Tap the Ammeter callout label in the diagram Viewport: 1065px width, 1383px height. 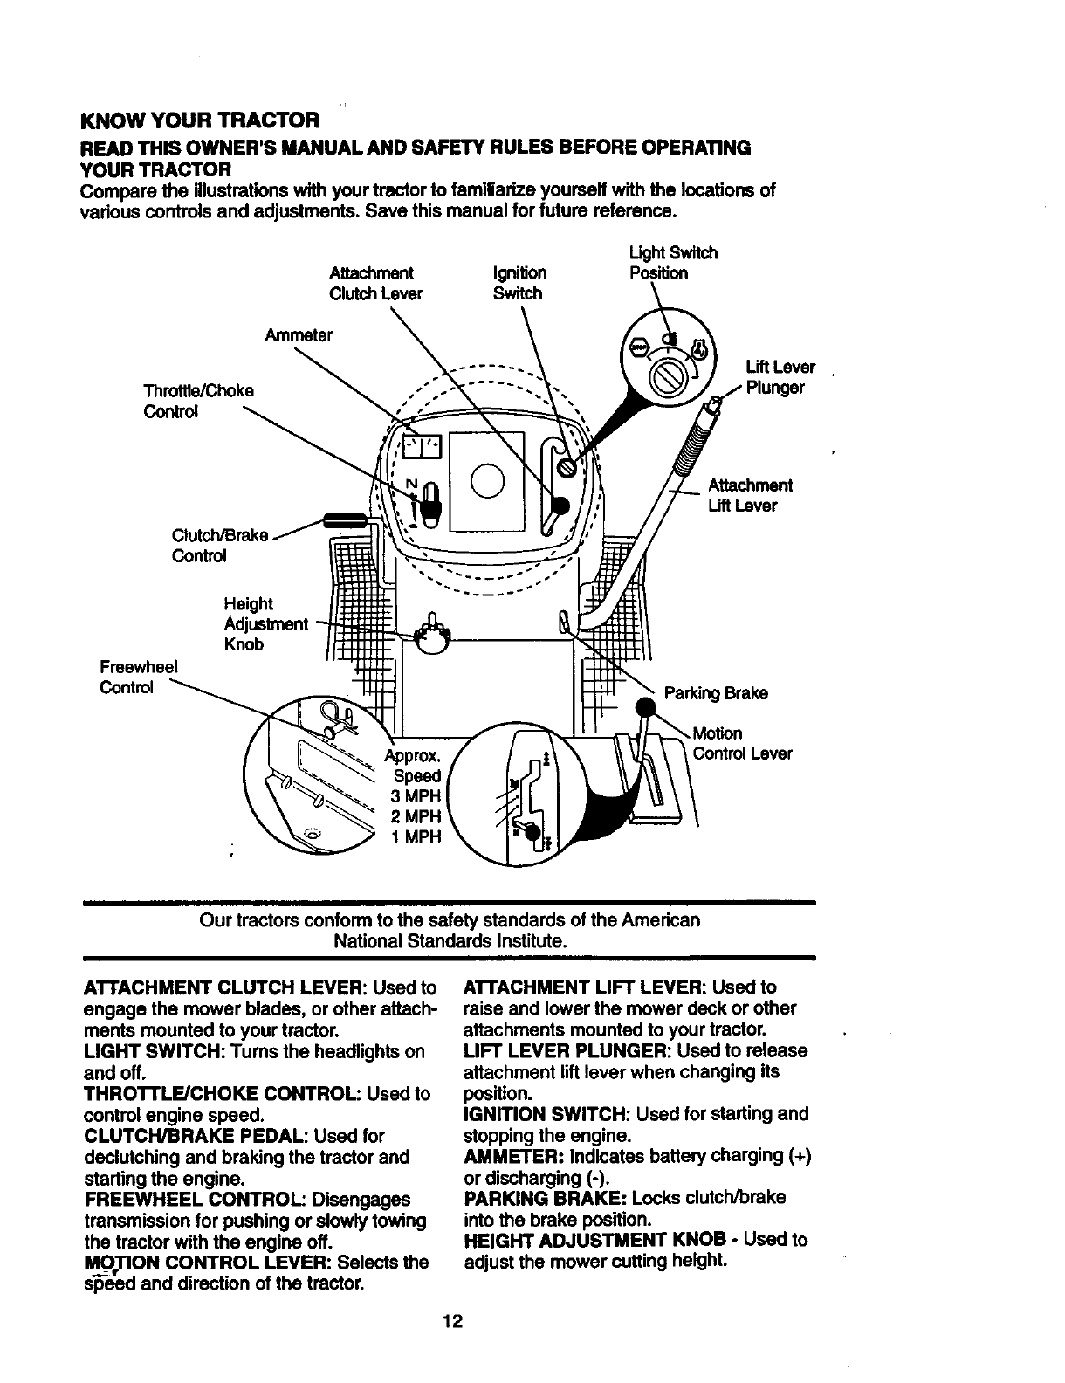(299, 334)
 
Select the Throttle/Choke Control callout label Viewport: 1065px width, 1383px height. (199, 401)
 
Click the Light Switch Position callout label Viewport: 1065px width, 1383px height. (672, 263)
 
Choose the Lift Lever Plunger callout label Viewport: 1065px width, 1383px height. (780, 377)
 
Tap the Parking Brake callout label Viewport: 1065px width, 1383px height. (716, 693)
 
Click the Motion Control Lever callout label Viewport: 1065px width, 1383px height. (741, 743)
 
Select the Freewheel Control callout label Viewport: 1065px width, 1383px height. (139, 677)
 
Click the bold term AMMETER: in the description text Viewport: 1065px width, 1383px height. (513, 1156)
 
